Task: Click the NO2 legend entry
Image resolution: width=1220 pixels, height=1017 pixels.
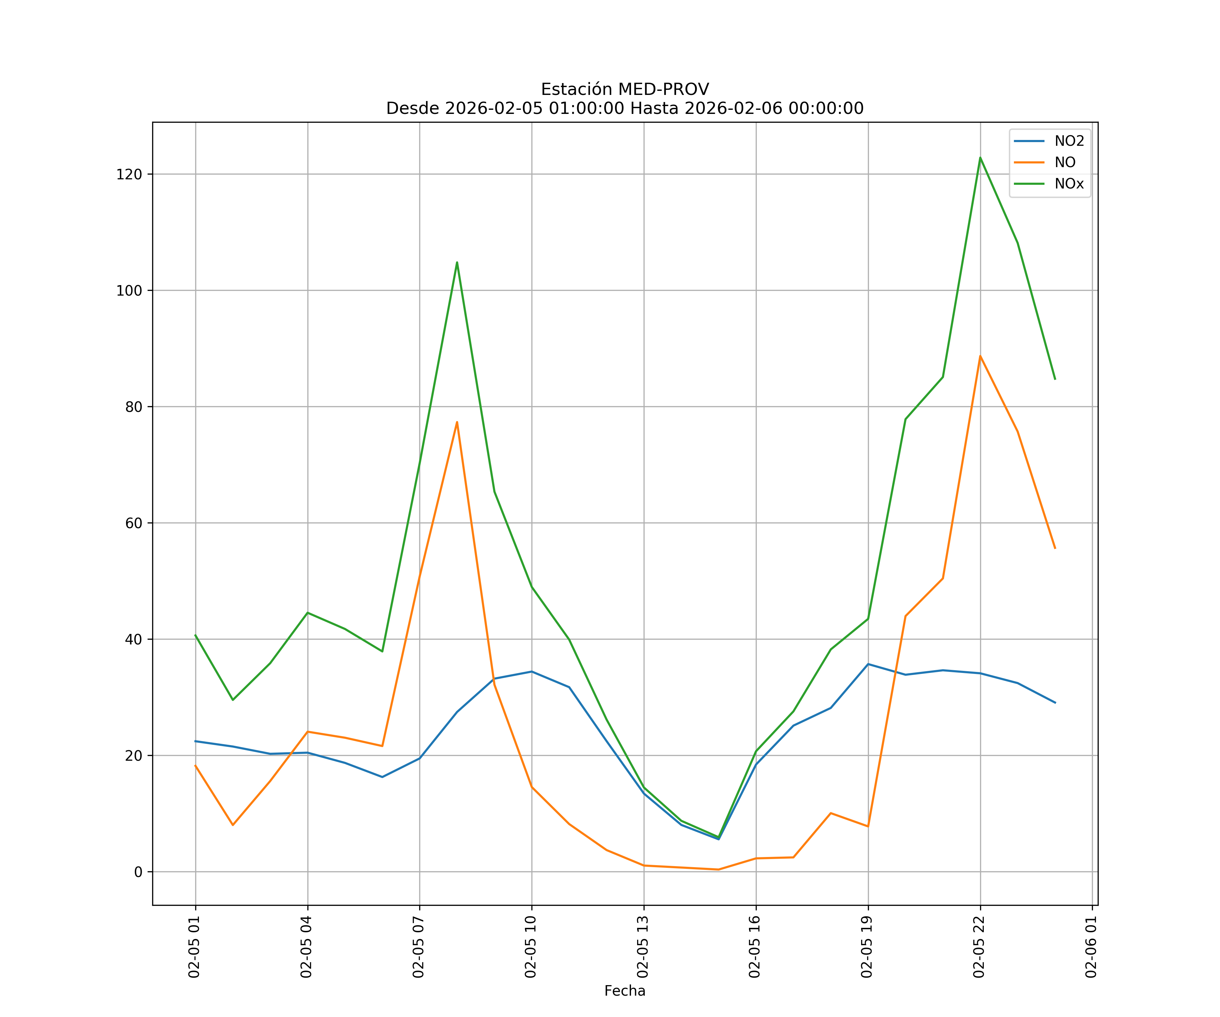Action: pyautogui.click(x=1069, y=141)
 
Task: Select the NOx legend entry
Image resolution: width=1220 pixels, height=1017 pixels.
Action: pyautogui.click(x=1069, y=184)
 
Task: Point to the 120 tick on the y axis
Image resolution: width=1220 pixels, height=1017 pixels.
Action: pyautogui.click(x=129, y=174)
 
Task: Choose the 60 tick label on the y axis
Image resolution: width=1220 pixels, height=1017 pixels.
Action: pyautogui.click(x=133, y=523)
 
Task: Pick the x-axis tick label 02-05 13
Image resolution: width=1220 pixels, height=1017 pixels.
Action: pyautogui.click(x=643, y=947)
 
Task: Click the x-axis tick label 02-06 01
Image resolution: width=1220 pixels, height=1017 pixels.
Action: pyautogui.click(x=1091, y=947)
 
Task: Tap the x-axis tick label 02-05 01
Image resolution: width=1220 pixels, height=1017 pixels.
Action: pyautogui.click(x=194, y=947)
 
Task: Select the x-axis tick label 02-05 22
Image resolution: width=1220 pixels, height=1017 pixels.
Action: pyautogui.click(x=979, y=947)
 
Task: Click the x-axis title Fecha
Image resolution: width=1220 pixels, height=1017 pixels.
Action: pyautogui.click(x=625, y=991)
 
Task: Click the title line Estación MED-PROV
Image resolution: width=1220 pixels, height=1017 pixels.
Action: pyautogui.click(x=625, y=89)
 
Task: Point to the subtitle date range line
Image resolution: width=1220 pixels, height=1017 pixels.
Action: pyautogui.click(x=625, y=109)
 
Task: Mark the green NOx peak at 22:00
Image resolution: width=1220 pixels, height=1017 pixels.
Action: pyautogui.click(x=980, y=158)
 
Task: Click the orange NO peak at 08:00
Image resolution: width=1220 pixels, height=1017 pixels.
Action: pyautogui.click(x=456, y=422)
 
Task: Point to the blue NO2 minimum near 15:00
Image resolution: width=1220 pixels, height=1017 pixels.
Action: pyautogui.click(x=719, y=839)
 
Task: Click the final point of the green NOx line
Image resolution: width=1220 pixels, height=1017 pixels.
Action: pyautogui.click(x=1055, y=379)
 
